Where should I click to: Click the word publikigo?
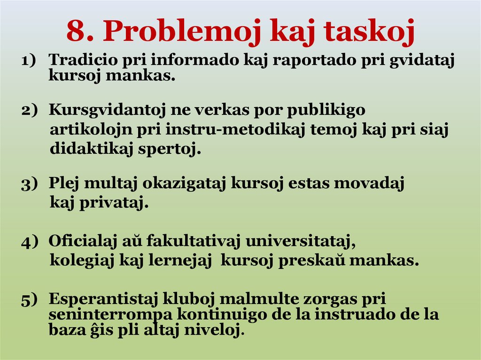pyautogui.click(x=326, y=110)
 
